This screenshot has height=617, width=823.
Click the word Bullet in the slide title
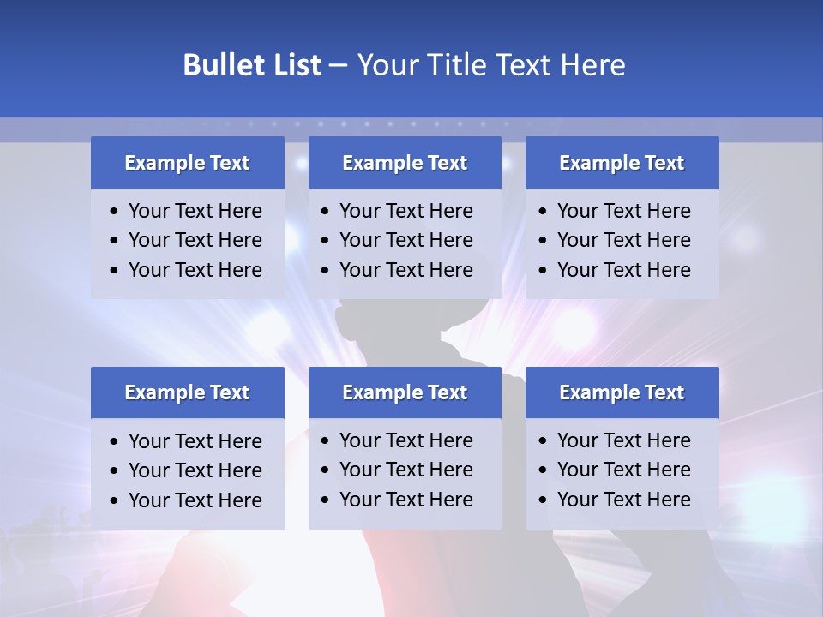(221, 65)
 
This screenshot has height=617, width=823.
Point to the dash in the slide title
(338, 66)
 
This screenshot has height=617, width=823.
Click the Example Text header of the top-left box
(187, 163)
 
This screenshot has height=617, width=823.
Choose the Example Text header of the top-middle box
(405, 163)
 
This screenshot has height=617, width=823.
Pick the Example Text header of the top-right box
(622, 163)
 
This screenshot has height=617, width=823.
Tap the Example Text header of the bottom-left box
(187, 392)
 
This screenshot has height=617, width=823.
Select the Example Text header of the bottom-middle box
(405, 392)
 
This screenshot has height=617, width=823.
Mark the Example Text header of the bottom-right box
(622, 392)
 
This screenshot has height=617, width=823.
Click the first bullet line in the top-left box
(195, 211)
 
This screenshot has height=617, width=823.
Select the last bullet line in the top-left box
(195, 270)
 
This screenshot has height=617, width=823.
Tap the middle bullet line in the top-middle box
(405, 240)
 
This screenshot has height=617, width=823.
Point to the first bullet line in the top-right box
(623, 211)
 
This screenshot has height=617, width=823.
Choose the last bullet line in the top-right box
(623, 270)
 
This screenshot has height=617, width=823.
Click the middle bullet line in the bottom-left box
(195, 470)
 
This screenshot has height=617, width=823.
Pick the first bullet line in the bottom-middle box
(405, 440)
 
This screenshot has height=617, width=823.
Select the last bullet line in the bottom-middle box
(405, 500)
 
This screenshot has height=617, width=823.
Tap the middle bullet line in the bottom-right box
(623, 470)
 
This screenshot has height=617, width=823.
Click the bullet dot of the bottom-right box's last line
(543, 500)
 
